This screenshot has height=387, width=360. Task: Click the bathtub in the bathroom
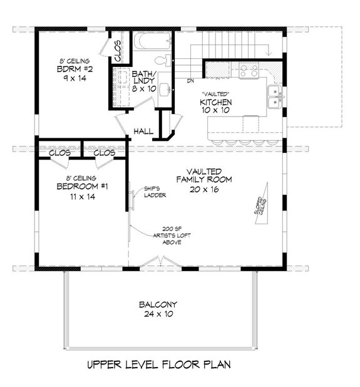(151, 43)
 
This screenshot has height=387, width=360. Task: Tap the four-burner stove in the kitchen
(247, 72)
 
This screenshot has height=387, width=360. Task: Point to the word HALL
(143, 132)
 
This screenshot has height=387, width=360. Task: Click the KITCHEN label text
(217, 101)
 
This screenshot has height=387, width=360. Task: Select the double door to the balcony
(160, 263)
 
